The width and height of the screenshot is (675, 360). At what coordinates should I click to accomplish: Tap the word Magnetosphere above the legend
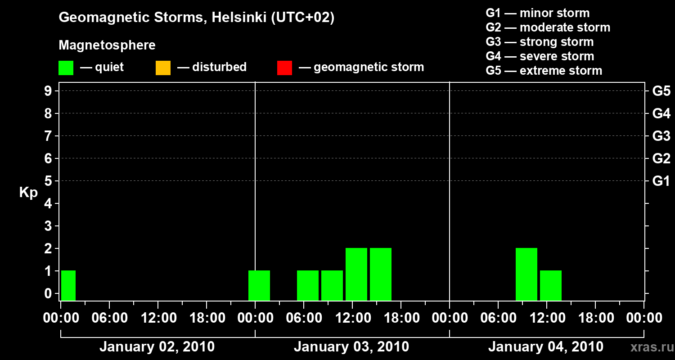tap(107, 45)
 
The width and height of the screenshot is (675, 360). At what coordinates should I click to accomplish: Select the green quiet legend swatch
tap(66, 67)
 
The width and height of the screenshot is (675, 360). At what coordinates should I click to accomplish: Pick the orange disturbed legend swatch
tap(163, 67)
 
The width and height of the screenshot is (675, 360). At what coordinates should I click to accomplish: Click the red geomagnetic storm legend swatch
tap(284, 67)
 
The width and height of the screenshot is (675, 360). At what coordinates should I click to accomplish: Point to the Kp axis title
tap(28, 193)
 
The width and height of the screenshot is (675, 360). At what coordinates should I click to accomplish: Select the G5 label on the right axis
tap(661, 91)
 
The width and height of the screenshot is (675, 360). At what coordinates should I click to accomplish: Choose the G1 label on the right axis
tap(661, 181)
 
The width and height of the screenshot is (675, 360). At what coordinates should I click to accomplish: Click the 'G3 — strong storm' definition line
tap(540, 42)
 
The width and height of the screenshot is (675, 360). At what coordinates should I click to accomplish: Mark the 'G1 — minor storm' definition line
tap(537, 13)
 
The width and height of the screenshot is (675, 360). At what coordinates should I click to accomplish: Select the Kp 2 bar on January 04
tap(526, 274)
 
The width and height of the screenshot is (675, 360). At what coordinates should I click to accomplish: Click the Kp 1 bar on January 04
tap(551, 285)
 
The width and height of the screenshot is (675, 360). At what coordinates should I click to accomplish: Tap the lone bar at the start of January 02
tap(68, 285)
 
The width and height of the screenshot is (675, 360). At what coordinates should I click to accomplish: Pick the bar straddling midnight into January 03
tap(259, 285)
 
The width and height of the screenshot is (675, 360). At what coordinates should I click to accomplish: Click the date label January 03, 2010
tap(351, 347)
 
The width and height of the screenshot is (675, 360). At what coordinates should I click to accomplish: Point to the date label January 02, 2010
tap(157, 347)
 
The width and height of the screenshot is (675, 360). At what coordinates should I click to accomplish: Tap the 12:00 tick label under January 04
tap(546, 318)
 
